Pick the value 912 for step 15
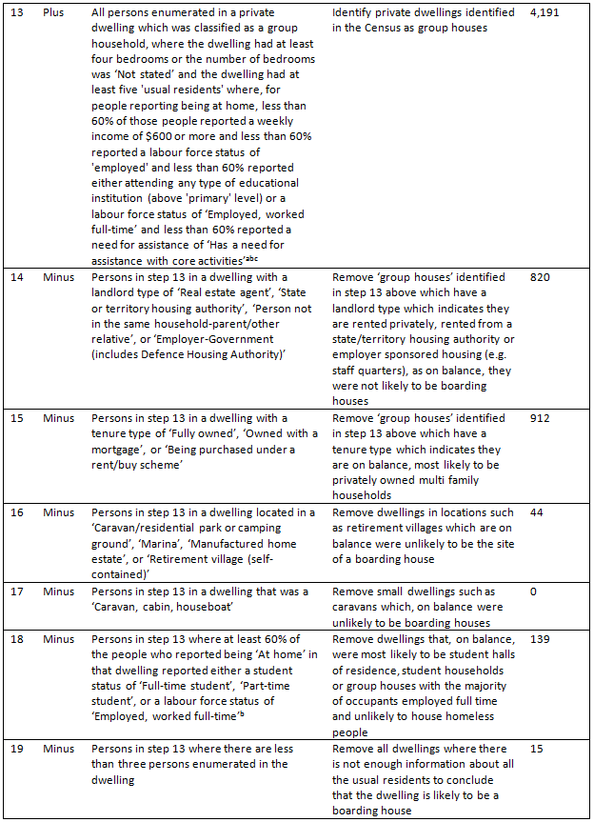point(540,419)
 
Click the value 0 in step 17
point(533,591)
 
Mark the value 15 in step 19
point(536,749)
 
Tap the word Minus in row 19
point(58,749)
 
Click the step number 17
point(17,591)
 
